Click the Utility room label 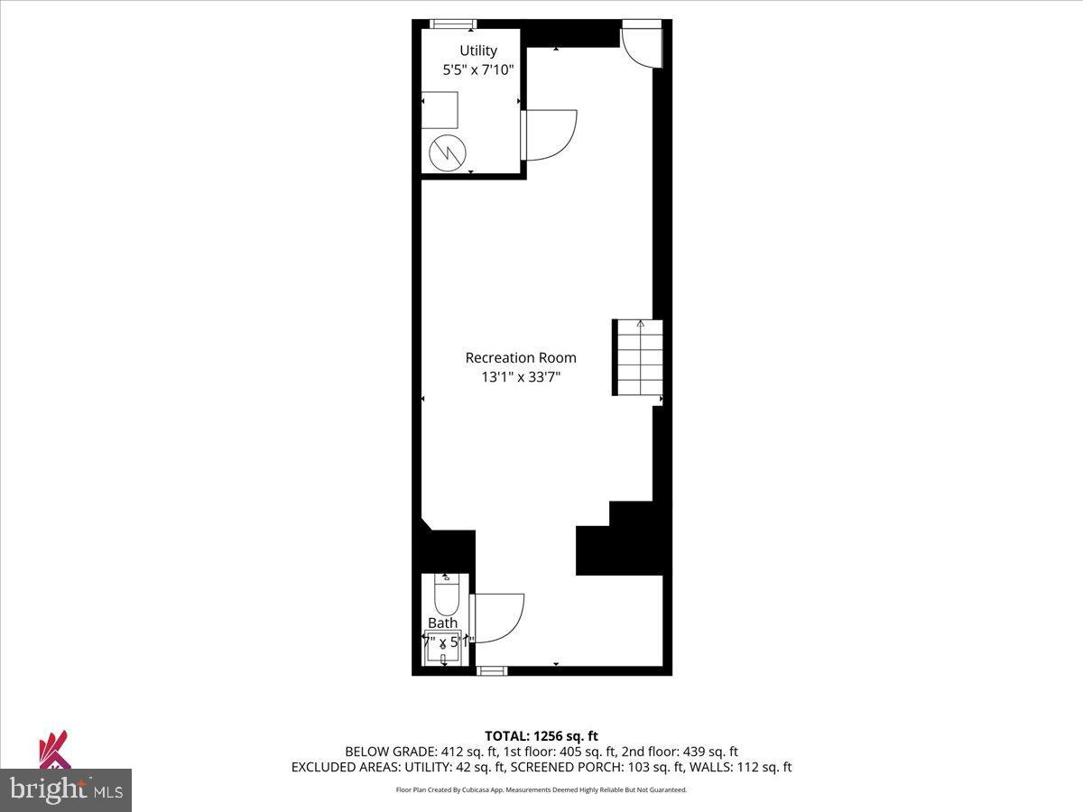coord(477,51)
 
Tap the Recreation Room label coord(521,357)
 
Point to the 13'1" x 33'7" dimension coord(521,377)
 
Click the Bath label coord(442,623)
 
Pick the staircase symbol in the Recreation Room coord(639,357)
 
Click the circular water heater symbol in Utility coord(444,152)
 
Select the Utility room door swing coord(549,135)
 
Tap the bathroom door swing coord(496,617)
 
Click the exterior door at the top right coord(643,45)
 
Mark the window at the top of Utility coord(454,24)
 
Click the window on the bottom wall coord(492,670)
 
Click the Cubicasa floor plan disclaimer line coord(541,790)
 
